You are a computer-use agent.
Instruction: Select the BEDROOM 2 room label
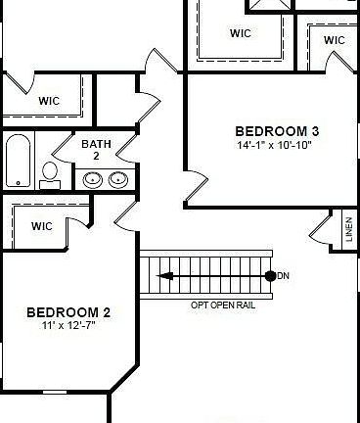[67, 312]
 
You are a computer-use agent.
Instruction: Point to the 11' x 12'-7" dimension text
[67, 325]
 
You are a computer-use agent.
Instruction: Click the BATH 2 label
[96, 150]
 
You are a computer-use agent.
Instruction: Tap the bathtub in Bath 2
[19, 161]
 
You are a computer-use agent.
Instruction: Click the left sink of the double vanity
[93, 178]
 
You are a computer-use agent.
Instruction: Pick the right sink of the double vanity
[117, 178]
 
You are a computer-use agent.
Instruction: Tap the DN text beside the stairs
[284, 276]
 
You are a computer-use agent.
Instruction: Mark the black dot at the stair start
[270, 276]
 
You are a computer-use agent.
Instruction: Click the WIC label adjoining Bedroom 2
[41, 226]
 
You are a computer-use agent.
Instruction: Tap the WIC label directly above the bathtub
[49, 100]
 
